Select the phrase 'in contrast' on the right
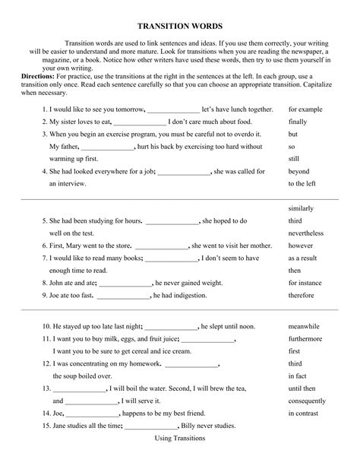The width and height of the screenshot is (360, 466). pos(303,414)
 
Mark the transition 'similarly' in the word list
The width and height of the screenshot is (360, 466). pos(302,208)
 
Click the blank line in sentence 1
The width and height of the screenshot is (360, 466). pos(173,110)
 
